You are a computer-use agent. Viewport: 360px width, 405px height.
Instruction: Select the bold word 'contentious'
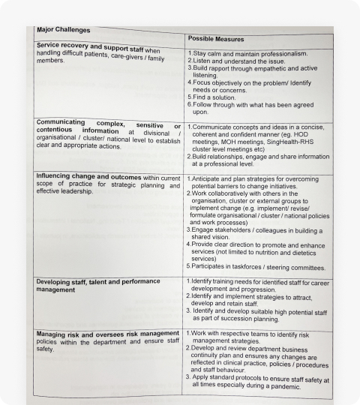58,131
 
